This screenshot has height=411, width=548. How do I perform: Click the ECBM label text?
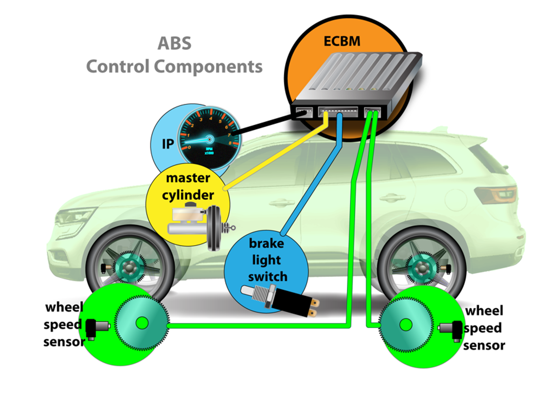[x=342, y=41]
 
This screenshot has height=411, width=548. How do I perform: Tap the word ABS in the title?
[x=174, y=43]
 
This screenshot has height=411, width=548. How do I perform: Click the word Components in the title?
[x=208, y=66]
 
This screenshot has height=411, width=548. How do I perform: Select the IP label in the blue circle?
[x=168, y=144]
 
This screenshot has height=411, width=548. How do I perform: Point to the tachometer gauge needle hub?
[x=210, y=139]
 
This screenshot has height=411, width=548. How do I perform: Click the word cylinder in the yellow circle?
[x=188, y=195]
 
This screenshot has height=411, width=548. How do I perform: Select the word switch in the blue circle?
[x=267, y=277]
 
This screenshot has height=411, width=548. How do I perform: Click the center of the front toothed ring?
[x=142, y=323]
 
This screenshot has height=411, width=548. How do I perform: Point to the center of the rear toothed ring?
[x=406, y=325]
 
